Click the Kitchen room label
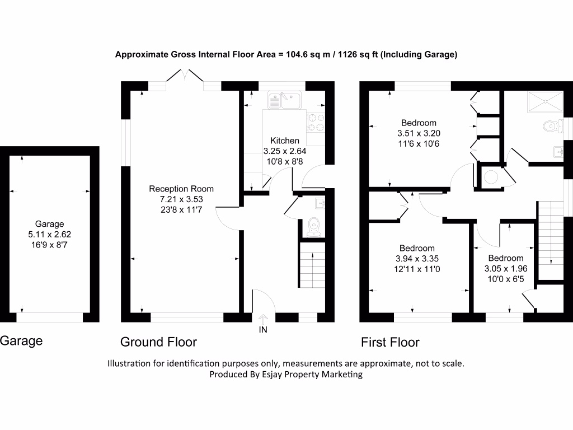pos(285,141)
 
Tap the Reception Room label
pos(181,189)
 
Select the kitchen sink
pos(285,101)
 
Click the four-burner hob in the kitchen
pos(316,123)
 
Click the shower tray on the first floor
pos(545,102)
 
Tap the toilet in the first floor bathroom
pos(553,127)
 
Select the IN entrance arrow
pos(263,318)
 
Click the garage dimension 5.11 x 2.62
pos(50,235)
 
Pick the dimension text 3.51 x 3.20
pos(419,133)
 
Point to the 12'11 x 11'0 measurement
pos(417,269)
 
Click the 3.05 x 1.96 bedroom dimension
pos(506,269)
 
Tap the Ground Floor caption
pos(158,342)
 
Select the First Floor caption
pos(390,343)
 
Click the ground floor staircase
pos(312,265)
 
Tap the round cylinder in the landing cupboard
pos(491,177)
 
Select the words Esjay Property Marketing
pos(312,375)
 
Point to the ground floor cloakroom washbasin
pos(320,203)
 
